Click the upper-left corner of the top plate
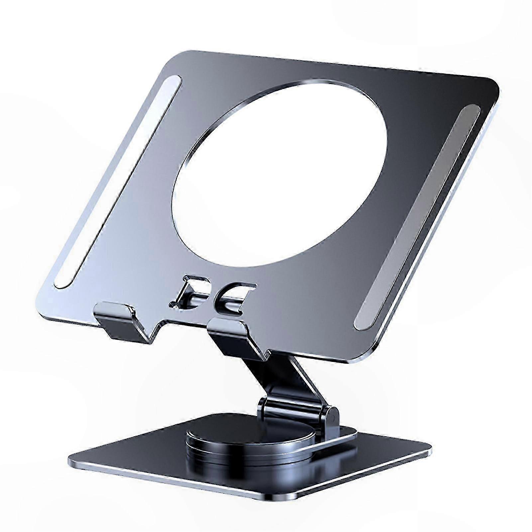tap(189, 53)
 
